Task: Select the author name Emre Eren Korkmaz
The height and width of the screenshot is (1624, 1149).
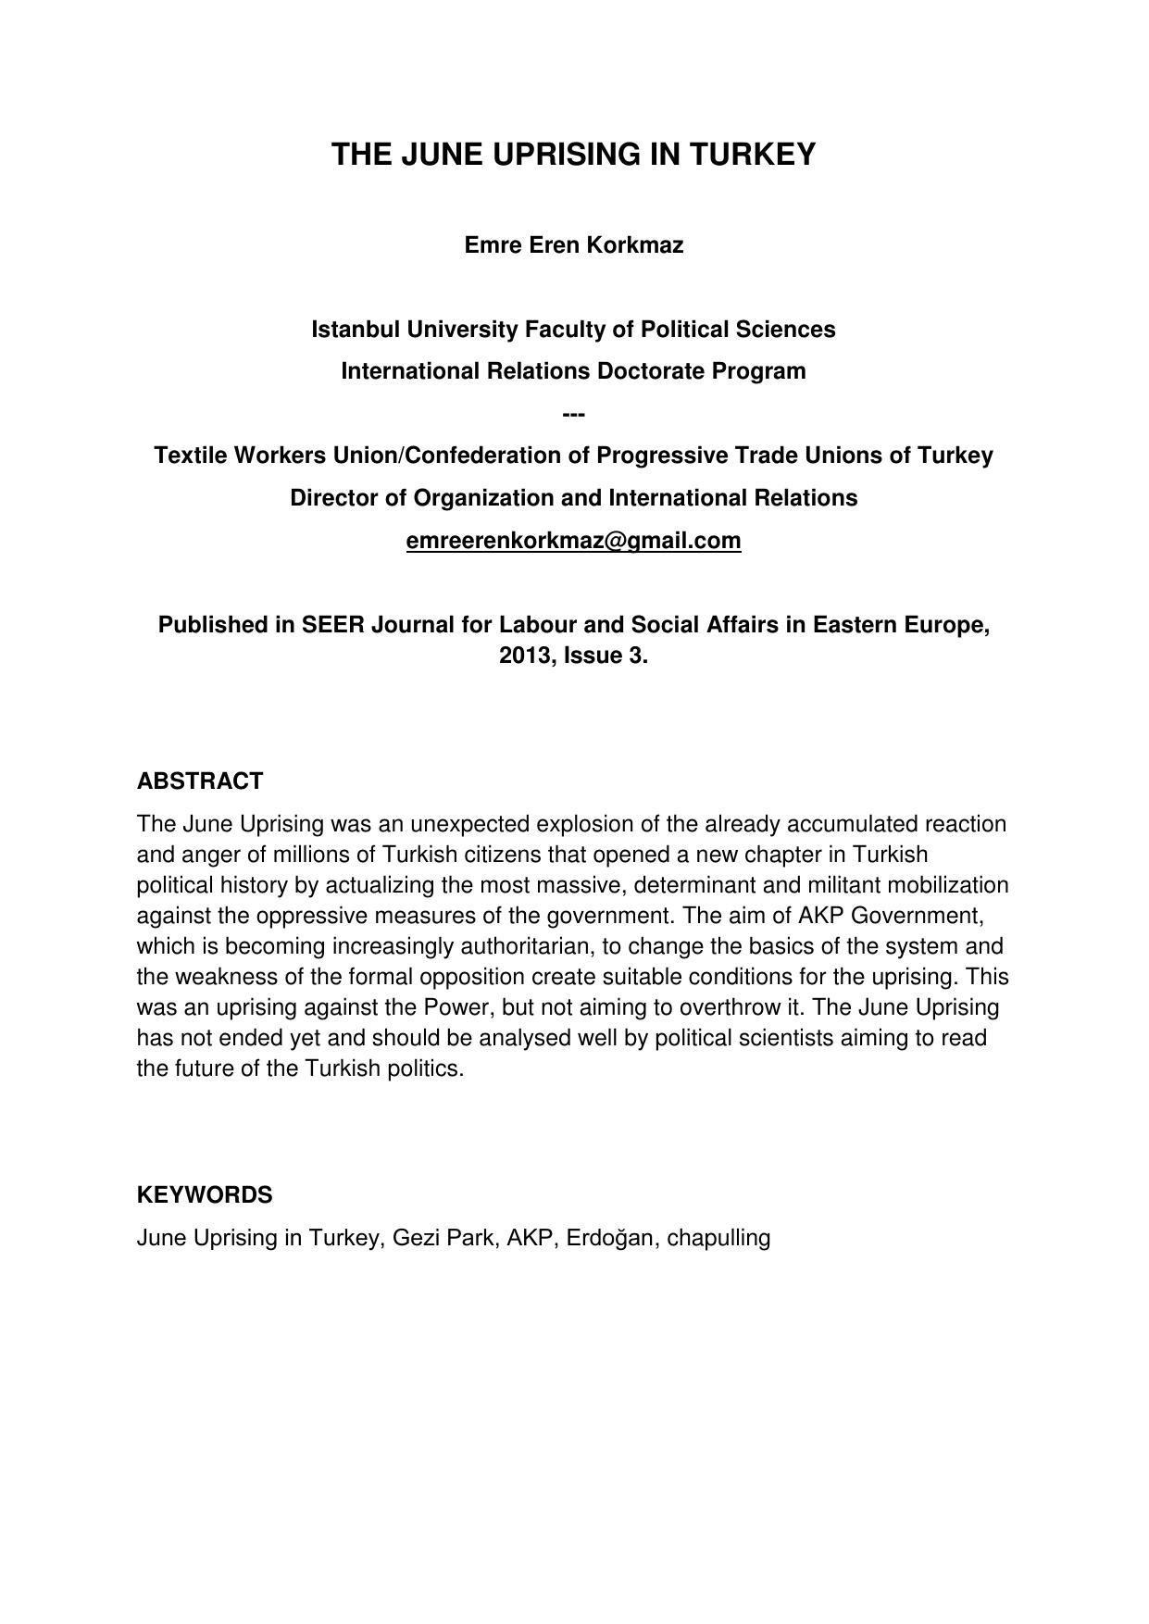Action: pyautogui.click(x=573, y=245)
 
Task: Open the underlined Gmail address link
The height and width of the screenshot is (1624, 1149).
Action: pyautogui.click(x=573, y=541)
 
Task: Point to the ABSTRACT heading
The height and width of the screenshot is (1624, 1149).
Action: pyautogui.click(x=200, y=781)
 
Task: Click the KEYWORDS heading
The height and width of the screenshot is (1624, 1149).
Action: pyautogui.click(x=205, y=1195)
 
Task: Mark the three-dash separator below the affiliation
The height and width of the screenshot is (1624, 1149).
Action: pyautogui.click(x=573, y=413)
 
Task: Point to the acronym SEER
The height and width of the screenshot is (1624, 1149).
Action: pyautogui.click(x=333, y=625)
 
